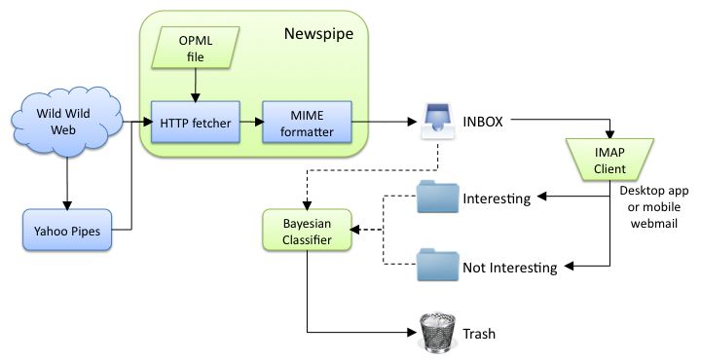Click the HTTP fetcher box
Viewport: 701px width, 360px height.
pyautogui.click(x=197, y=124)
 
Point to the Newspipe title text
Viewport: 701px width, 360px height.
pyautogui.click(x=318, y=35)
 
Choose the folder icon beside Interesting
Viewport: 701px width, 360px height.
pyautogui.click(x=435, y=198)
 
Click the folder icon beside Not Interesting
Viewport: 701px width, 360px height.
pyautogui.click(x=435, y=266)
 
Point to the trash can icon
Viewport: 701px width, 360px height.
pyautogui.click(x=435, y=333)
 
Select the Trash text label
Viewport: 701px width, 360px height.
pyautogui.click(x=480, y=334)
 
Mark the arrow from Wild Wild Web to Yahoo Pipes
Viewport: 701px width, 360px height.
pyautogui.click(x=67, y=184)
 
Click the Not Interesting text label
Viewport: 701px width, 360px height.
pyautogui.click(x=509, y=267)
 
